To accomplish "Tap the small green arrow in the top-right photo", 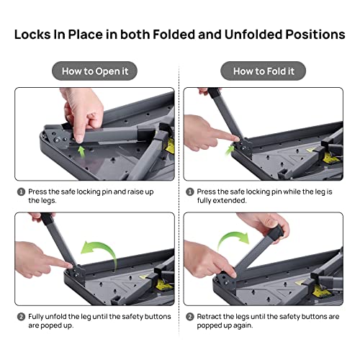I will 231,149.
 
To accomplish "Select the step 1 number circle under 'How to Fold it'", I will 189,192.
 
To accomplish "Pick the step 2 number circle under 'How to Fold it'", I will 189,316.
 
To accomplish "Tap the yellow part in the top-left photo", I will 170,148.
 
